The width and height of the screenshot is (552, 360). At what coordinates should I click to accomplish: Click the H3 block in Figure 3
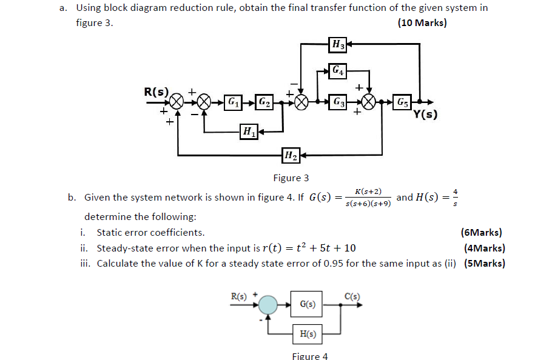(338, 44)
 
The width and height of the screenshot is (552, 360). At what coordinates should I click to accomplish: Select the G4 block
(338, 70)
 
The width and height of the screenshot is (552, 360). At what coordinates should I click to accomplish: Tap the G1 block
(232, 101)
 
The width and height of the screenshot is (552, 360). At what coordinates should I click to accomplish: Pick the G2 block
(264, 101)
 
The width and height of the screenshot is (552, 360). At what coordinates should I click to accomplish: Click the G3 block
(338, 101)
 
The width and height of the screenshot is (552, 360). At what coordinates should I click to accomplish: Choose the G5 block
(402, 101)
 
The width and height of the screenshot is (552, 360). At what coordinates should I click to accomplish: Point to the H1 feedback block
(248, 130)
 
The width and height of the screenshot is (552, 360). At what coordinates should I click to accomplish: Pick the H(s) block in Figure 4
(308, 334)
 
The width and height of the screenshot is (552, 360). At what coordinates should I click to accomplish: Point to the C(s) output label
(352, 295)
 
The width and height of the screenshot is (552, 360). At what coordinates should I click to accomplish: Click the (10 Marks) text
(422, 23)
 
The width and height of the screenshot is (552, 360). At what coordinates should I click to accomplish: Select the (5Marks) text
(484, 263)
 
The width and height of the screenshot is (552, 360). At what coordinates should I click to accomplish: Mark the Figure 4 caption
(309, 356)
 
